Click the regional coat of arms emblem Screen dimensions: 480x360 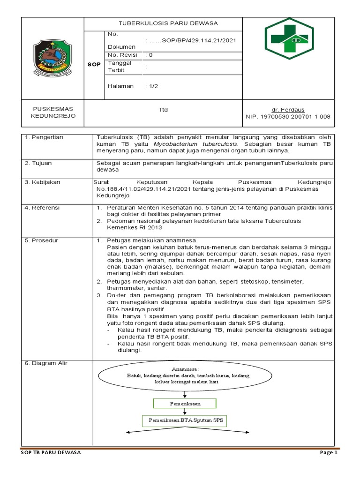click(x=52, y=59)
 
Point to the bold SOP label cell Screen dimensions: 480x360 click(x=94, y=64)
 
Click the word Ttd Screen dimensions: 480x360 click(x=163, y=110)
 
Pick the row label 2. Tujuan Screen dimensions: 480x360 click(x=39, y=163)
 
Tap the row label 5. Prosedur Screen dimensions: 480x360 click(x=42, y=240)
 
